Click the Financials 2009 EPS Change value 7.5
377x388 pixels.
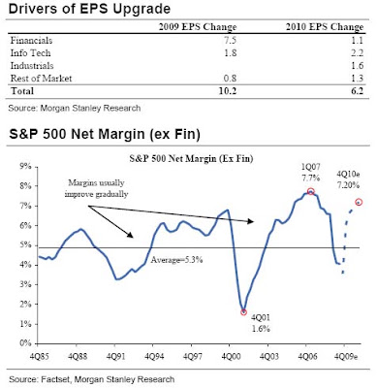pyautogui.click(x=231, y=41)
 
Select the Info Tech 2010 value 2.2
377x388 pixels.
pyautogui.click(x=358, y=53)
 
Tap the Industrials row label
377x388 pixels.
pyautogui.click(x=32, y=66)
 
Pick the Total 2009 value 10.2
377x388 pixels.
pyautogui.click(x=228, y=91)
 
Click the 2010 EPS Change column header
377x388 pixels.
pyautogui.click(x=325, y=27)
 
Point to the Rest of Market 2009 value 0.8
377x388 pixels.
pyautogui.click(x=231, y=79)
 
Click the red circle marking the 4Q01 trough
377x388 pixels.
pyautogui.click(x=244, y=312)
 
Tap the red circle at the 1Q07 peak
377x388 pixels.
pyautogui.click(x=311, y=191)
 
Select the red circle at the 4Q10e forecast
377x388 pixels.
pyautogui.click(x=359, y=202)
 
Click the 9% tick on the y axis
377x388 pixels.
pyautogui.click(x=25, y=167)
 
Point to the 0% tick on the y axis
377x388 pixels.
pyautogui.click(x=25, y=343)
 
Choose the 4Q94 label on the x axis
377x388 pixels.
pyautogui.click(x=154, y=356)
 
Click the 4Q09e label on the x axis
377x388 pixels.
pyautogui.click(x=346, y=356)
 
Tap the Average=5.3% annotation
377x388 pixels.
pyautogui.click(x=176, y=260)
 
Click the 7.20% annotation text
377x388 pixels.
pyautogui.click(x=349, y=185)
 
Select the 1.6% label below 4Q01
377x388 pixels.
pyautogui.click(x=261, y=329)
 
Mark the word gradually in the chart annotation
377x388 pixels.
pyautogui.click(x=113, y=194)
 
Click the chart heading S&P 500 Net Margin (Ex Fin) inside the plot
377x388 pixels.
pyautogui.click(x=191, y=159)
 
